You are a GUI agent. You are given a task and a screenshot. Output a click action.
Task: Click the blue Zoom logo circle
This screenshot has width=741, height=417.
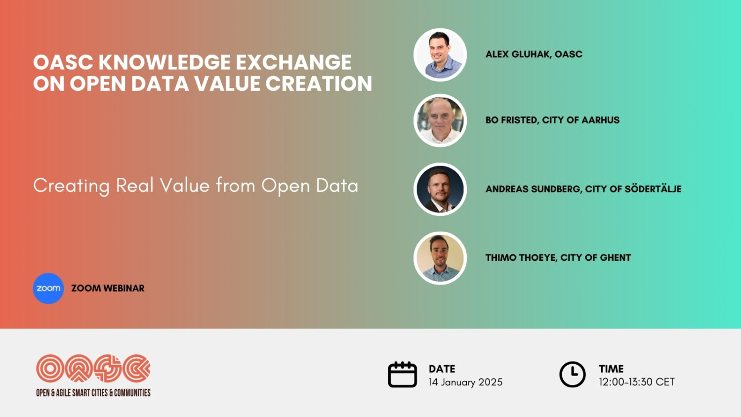click(48, 288)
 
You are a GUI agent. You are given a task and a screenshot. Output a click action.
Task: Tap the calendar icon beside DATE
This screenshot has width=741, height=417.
click(402, 375)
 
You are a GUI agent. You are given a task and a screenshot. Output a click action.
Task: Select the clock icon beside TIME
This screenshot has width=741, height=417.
click(572, 375)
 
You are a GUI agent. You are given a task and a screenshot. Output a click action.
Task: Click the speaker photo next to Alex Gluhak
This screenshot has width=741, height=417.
click(440, 55)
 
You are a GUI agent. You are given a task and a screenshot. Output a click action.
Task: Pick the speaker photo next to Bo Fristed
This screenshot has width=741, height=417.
click(440, 121)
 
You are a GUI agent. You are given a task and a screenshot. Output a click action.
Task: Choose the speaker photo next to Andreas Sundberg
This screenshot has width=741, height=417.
click(440, 189)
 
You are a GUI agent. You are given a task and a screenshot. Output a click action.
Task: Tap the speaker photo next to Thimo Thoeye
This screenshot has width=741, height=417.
click(440, 258)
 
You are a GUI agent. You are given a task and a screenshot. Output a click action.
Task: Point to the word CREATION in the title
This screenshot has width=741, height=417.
click(319, 83)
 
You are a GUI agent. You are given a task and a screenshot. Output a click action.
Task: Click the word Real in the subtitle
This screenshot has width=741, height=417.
click(135, 185)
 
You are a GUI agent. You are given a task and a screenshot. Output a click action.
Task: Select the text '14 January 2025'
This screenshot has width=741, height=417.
click(465, 382)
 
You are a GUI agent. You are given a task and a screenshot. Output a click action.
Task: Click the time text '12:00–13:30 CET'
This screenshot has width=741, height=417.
click(636, 382)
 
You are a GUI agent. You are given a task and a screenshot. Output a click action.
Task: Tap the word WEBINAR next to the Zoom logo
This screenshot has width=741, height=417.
click(124, 288)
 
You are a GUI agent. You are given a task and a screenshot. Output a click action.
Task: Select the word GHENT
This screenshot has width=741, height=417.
click(615, 257)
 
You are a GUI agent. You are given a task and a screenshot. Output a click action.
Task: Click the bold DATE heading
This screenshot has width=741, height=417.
click(442, 369)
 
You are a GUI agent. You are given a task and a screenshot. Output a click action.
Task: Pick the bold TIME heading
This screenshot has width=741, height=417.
click(611, 369)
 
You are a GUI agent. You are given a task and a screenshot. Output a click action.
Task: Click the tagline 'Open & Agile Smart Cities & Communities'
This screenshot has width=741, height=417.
click(93, 393)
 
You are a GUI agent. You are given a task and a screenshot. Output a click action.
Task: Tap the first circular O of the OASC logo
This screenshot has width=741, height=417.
click(50, 368)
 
